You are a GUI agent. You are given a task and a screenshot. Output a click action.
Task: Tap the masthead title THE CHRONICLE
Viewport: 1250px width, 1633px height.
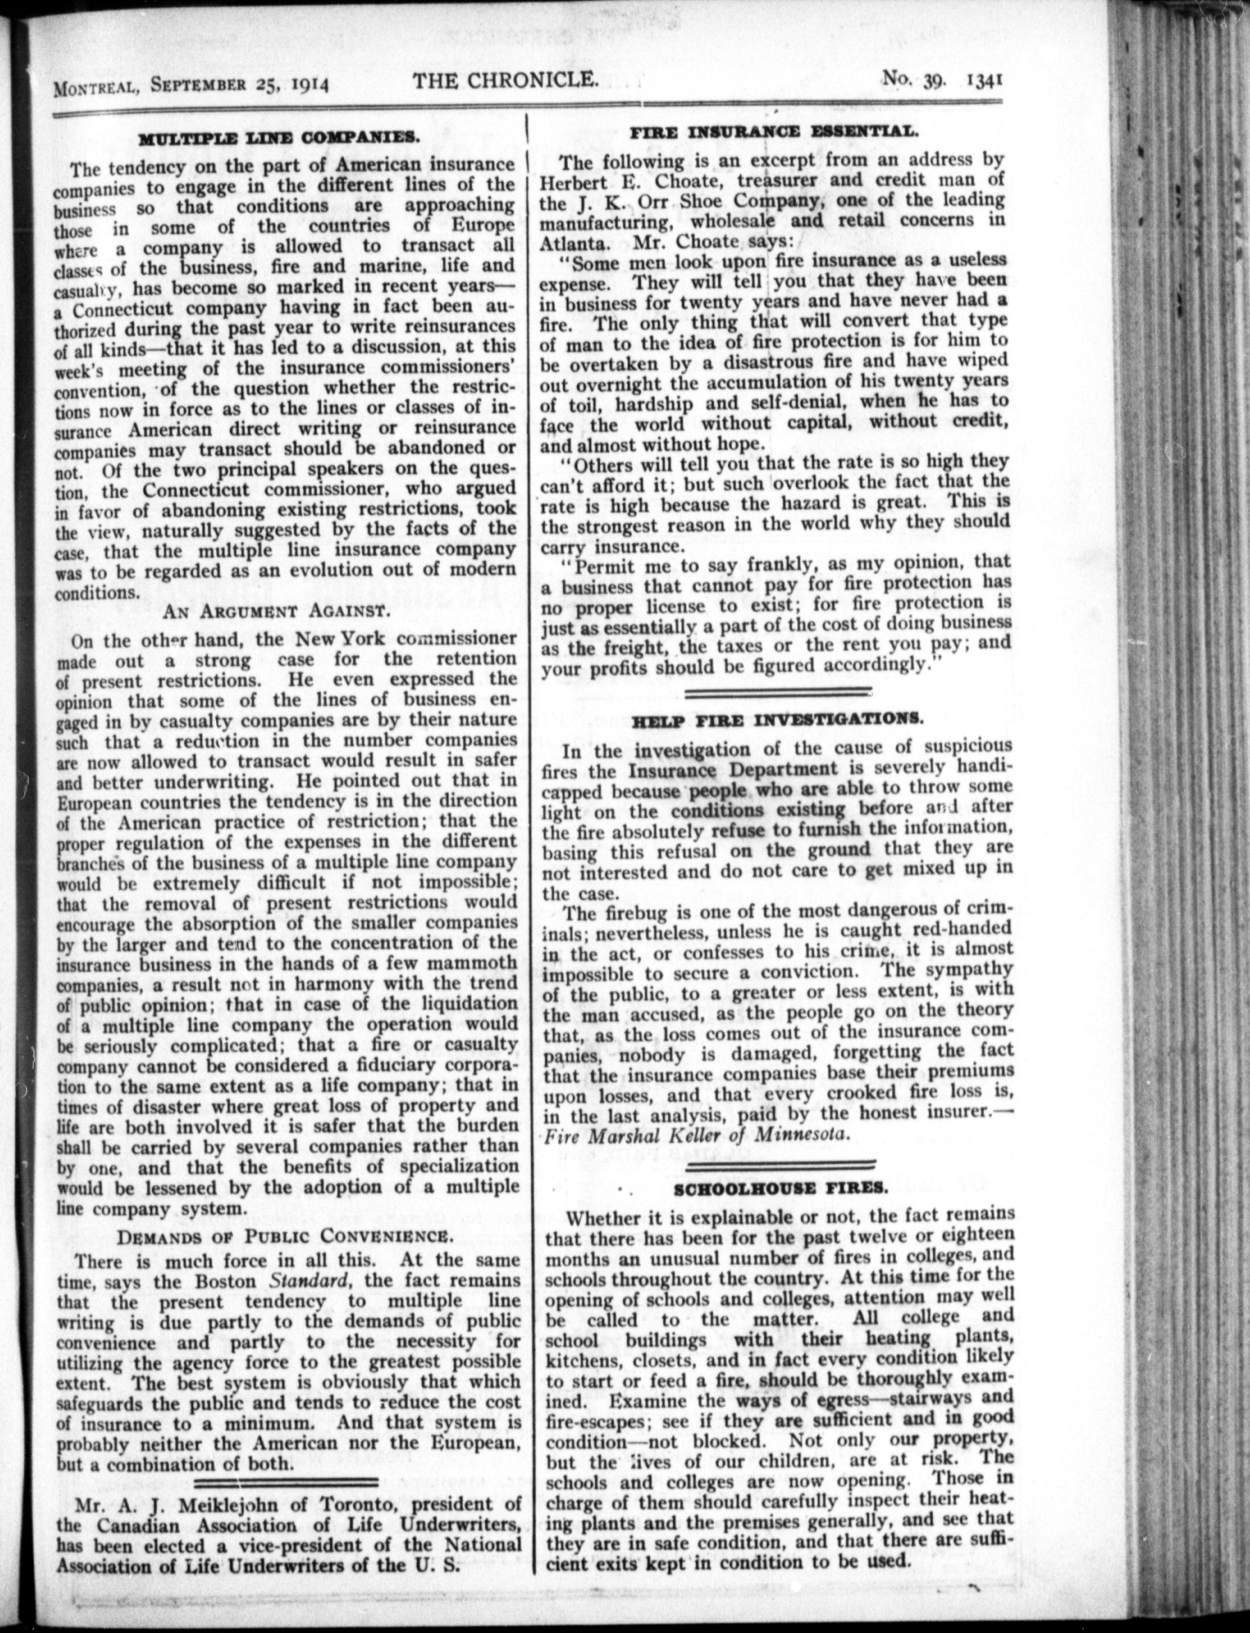point(506,80)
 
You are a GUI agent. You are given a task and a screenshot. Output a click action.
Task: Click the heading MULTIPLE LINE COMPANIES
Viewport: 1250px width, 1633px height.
point(279,139)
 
